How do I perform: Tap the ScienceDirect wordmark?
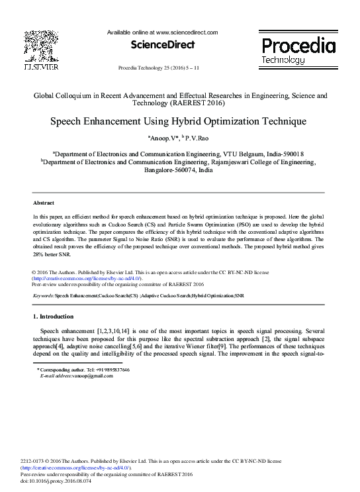click(163, 45)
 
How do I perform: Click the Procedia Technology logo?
click(297, 50)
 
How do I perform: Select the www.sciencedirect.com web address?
click(185, 32)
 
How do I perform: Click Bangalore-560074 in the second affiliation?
click(168, 170)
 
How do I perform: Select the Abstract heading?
click(44, 203)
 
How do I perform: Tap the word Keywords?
click(42, 296)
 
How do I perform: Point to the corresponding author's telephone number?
click(112, 369)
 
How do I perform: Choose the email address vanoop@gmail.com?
click(90, 376)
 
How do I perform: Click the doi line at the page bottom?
click(57, 481)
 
